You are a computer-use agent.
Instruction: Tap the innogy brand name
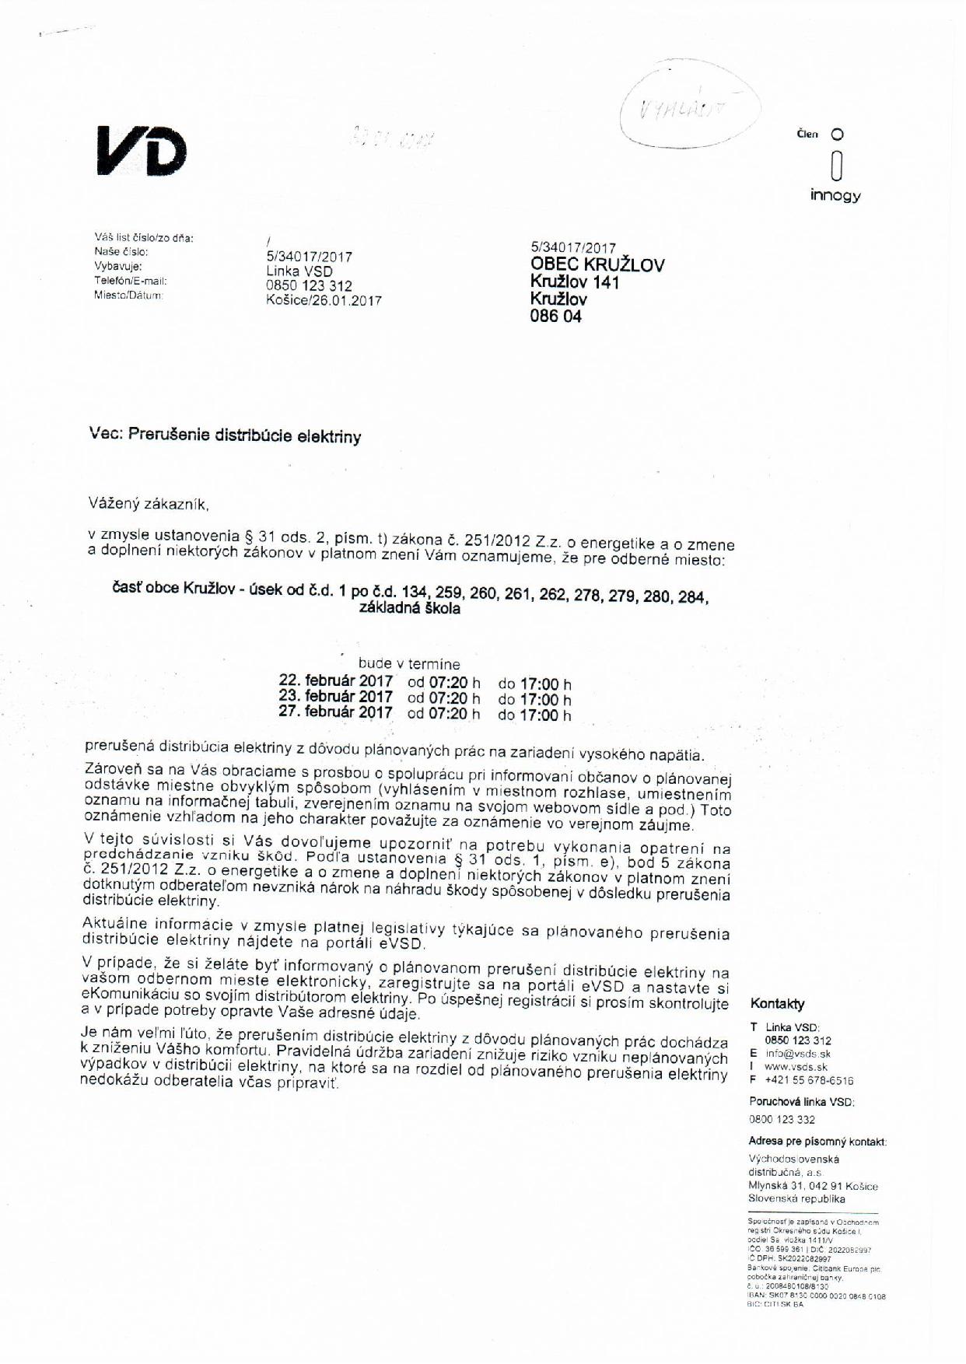[835, 194]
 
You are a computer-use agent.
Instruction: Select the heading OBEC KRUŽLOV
[597, 264]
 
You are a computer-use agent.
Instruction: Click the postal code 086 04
[555, 317]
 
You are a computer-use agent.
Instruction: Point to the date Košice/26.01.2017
[324, 300]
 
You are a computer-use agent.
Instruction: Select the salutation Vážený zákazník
[149, 504]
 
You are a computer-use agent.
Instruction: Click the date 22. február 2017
[336, 680]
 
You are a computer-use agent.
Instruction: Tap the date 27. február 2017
[336, 712]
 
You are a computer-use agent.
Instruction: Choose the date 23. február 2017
[336, 696]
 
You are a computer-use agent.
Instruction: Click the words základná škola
[409, 609]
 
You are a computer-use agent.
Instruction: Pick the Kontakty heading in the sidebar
[778, 1003]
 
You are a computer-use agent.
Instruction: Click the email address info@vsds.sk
[798, 1054]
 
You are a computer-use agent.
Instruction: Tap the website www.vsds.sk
[796, 1067]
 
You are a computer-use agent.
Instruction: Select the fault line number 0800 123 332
[782, 1119]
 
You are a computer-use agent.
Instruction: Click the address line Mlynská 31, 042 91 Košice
[813, 1186]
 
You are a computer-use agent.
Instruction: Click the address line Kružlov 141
[575, 282]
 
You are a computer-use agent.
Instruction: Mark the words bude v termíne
[409, 664]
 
